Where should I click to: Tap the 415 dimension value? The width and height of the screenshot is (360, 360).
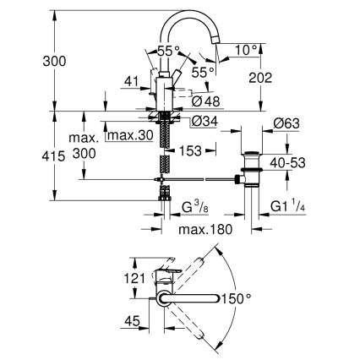28,156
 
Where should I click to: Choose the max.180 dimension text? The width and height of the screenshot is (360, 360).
202,230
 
